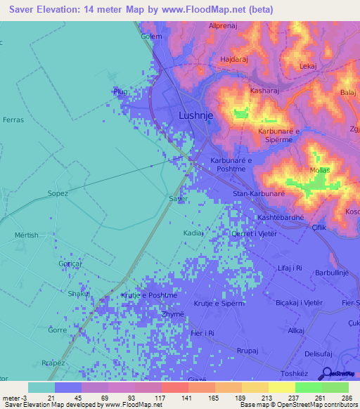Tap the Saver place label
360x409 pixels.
(x=179, y=199)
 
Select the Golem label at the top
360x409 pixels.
(x=151, y=36)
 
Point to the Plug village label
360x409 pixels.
(x=120, y=91)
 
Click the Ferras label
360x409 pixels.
(x=13, y=120)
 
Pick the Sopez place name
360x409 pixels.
(x=58, y=193)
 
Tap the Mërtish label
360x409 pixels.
(x=27, y=235)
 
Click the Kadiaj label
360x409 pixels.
(x=193, y=232)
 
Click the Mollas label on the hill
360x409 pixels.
(x=319, y=170)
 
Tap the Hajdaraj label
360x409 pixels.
(x=236, y=60)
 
